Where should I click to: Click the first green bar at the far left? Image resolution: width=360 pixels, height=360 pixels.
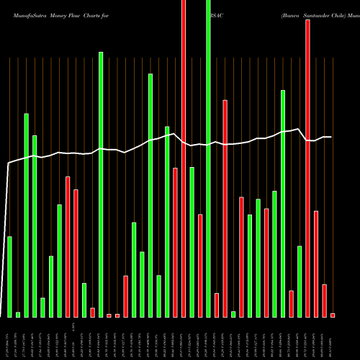click(x=9, y=276)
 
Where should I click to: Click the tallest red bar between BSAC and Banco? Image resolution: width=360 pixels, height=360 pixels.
click(x=225, y=208)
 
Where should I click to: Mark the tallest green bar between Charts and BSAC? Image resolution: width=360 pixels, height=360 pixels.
click(x=150, y=194)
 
